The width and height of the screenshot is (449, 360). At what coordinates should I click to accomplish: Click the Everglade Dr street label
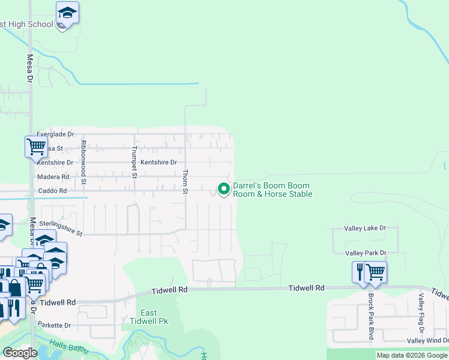pos(55,134)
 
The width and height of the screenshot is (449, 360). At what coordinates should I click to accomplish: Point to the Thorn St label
pos(185,181)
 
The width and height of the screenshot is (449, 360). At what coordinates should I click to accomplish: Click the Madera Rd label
pos(53,176)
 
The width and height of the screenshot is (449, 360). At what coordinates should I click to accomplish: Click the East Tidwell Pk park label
pos(149,317)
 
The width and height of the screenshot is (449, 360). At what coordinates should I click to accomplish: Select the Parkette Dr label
pos(54,325)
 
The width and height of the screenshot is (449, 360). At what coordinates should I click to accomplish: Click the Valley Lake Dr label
pos(365,228)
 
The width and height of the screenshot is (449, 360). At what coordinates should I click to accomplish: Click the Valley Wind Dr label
pos(427,341)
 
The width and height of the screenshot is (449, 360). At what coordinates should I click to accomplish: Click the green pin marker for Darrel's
pos(224,189)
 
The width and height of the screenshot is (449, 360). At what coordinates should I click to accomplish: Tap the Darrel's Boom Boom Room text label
pos(272,190)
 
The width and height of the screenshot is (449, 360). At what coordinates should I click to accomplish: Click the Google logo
pos(20,353)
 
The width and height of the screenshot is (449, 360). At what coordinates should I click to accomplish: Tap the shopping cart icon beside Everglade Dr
pos(36,145)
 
